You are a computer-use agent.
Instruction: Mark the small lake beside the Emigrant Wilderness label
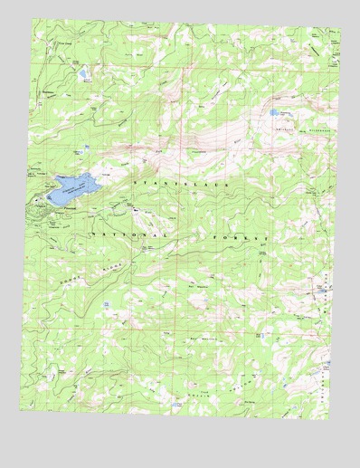click(272, 113)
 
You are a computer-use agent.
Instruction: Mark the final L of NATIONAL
click(166, 236)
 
